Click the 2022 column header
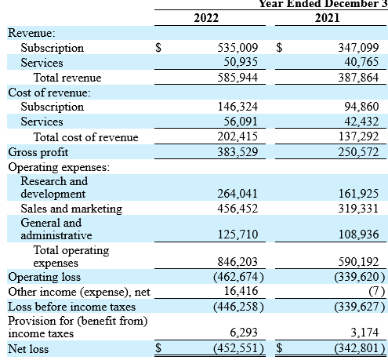coord(207,18)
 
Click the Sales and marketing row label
coord(71,209)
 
